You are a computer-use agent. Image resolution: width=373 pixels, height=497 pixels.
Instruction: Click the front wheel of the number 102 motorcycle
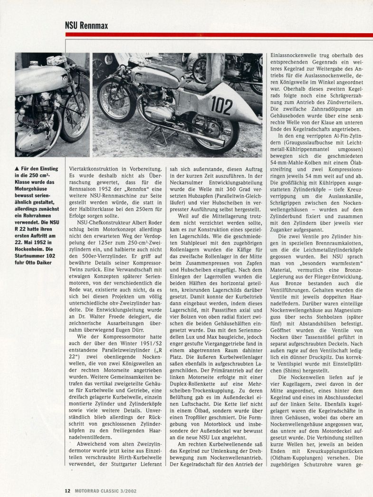click(x=116, y=100)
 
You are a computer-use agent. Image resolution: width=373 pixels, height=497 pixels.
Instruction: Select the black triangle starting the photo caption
click(x=18, y=168)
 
